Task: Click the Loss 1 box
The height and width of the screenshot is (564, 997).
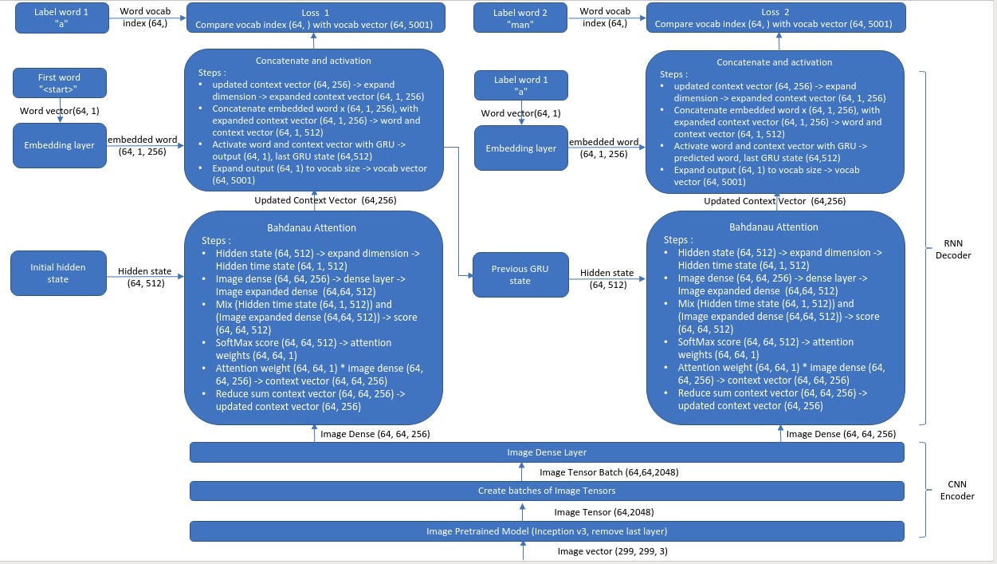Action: [316, 18]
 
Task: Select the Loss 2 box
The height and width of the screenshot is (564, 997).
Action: [775, 18]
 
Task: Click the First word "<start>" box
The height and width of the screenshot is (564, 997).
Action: [60, 84]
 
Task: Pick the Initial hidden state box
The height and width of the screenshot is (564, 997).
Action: [58, 273]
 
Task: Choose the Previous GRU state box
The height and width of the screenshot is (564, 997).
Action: [520, 274]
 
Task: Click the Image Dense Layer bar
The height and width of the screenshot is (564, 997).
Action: [547, 452]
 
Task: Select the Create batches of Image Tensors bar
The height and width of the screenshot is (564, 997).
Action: [547, 491]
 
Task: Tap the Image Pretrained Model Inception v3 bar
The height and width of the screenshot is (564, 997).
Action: [547, 531]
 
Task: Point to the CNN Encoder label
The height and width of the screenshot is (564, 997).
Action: [957, 491]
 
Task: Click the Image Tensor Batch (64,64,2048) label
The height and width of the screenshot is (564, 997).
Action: [609, 472]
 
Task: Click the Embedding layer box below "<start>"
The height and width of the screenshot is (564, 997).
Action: [60, 145]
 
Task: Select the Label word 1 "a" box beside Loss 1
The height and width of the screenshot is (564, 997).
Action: [62, 18]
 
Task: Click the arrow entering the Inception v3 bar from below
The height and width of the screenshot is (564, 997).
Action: [523, 551]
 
